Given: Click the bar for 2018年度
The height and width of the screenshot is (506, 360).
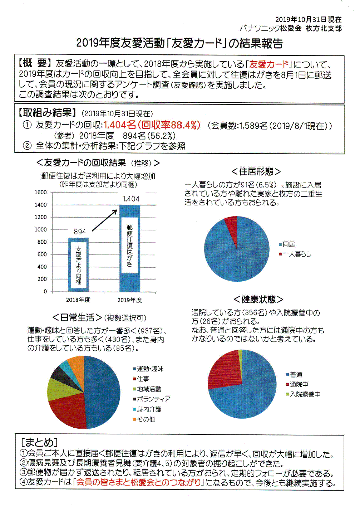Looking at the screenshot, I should (78, 265).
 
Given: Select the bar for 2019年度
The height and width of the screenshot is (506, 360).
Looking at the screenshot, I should (129, 248).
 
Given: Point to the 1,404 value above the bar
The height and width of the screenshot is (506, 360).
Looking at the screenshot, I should (131, 199).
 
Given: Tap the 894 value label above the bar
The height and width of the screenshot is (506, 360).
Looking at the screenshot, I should (80, 232).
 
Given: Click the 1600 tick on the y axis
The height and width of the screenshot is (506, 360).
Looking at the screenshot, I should (41, 193).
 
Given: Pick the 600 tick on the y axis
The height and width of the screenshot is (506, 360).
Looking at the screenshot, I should (42, 254).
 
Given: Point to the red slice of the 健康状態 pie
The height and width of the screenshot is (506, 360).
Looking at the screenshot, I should (223, 370).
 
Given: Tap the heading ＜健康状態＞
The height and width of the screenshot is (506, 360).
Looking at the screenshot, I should (258, 299).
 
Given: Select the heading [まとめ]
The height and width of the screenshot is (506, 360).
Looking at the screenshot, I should (39, 442).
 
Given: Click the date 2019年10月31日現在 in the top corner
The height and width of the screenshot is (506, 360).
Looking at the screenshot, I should (308, 19).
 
